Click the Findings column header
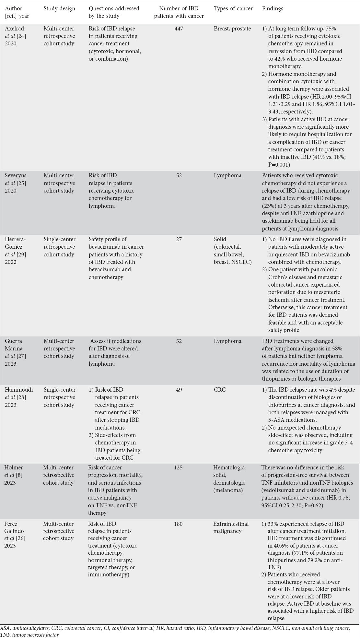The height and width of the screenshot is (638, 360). click(x=273, y=9)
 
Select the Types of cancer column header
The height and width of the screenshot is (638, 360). click(x=233, y=9)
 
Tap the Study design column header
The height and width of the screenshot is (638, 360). click(x=60, y=9)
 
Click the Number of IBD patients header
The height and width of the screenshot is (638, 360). click(x=179, y=12)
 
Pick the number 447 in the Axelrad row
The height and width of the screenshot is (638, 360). click(x=179, y=29)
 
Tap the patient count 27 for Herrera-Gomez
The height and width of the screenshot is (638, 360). click(x=179, y=240)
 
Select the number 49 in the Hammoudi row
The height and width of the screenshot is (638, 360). click(x=179, y=390)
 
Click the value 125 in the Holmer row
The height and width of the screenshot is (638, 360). click(x=179, y=467)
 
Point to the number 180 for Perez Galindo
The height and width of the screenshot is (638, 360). click(x=179, y=524)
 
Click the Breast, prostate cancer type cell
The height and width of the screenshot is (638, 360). click(x=232, y=29)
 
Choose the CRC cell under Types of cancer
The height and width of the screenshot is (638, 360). click(x=219, y=390)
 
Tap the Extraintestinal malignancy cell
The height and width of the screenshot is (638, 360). click(x=231, y=527)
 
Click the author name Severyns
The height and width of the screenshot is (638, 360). click(x=16, y=175)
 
